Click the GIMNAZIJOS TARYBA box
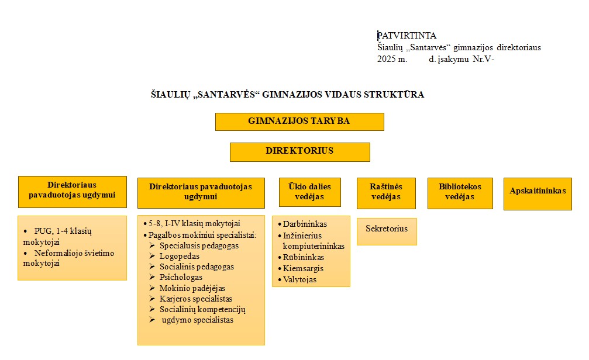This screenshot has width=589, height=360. [x=299, y=122]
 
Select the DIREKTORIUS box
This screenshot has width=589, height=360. [x=299, y=151]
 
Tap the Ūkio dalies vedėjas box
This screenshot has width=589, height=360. [x=309, y=192]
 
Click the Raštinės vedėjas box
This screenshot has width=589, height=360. [x=386, y=192]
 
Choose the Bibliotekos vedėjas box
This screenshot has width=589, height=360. [x=460, y=192]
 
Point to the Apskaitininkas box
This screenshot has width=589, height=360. [x=538, y=191]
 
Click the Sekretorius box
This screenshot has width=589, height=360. [x=387, y=229]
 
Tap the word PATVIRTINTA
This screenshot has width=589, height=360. [x=407, y=36]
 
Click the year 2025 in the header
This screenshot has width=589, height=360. [x=387, y=59]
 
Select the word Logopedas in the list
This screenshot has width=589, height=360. [x=180, y=256]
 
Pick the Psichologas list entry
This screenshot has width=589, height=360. [x=181, y=277]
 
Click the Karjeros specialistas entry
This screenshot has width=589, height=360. [x=195, y=299]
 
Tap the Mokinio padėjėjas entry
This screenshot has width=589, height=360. [x=192, y=288]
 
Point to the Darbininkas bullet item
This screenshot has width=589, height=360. [x=305, y=224]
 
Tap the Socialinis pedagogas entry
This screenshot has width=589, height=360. [x=197, y=266]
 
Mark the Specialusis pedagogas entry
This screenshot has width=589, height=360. [x=199, y=245]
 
